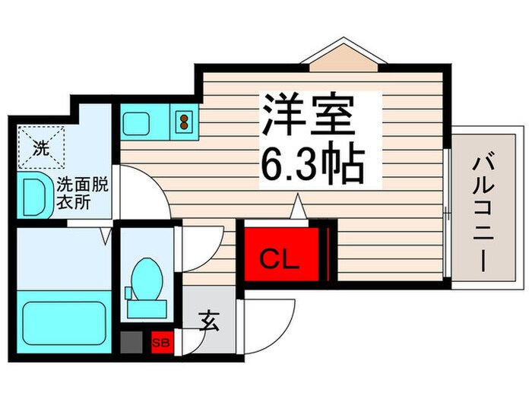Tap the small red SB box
pyautogui.click(x=161, y=343)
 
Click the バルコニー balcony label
pyautogui.click(x=483, y=208)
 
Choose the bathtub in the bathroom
pyautogui.click(x=63, y=322)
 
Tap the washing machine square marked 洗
pyautogui.click(x=42, y=147)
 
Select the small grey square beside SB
pyautogui.click(x=131, y=343)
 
